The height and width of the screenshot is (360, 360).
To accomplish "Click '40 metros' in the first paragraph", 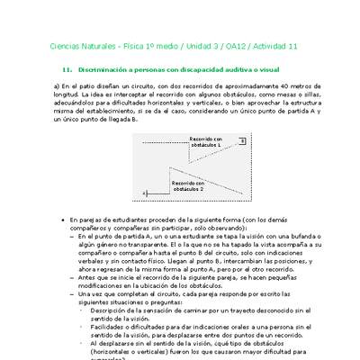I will [273, 86].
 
